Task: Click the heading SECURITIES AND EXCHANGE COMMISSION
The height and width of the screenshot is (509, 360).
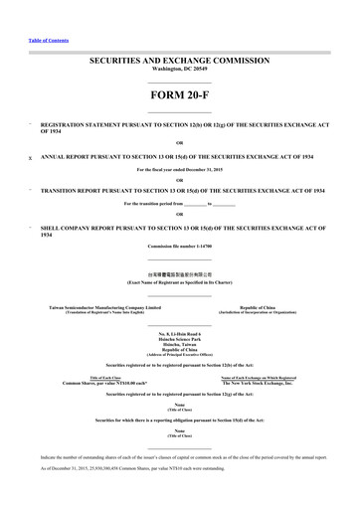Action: click(x=179, y=61)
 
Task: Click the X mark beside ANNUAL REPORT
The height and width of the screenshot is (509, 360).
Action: click(x=31, y=157)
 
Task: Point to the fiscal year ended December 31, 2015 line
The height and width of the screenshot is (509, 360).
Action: click(x=179, y=169)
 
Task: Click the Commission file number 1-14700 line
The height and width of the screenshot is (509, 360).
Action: click(x=179, y=245)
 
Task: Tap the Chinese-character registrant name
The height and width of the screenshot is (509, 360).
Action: click(x=179, y=270)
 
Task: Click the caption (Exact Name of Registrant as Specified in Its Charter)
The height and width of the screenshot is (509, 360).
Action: click(x=179, y=278)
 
